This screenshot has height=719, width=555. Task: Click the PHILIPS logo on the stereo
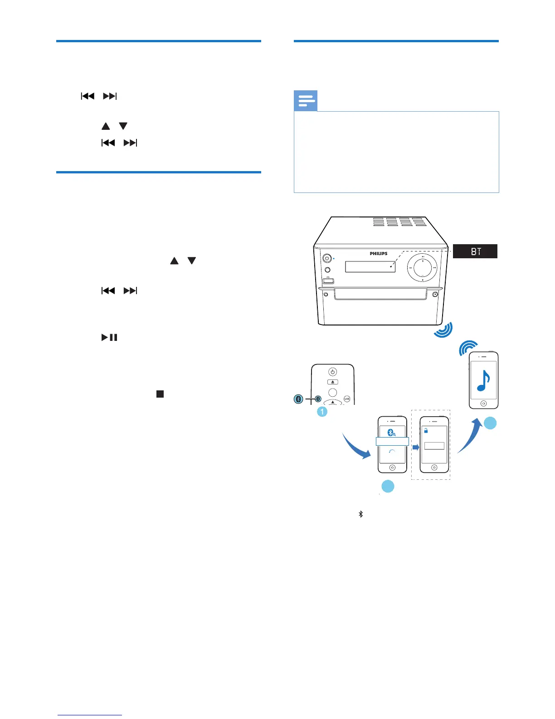(378, 254)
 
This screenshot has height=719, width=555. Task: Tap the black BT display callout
(475, 251)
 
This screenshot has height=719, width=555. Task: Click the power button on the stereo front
(326, 258)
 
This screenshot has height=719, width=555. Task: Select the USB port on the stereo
(328, 281)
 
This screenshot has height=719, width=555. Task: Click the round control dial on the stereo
(422, 268)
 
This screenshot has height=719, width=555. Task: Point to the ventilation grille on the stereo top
(399, 222)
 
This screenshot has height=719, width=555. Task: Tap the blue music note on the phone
(484, 380)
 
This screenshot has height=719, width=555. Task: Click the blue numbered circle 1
(322, 412)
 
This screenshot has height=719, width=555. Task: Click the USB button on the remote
(347, 399)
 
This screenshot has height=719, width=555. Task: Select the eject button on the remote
(332, 382)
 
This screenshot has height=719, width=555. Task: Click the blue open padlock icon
(426, 430)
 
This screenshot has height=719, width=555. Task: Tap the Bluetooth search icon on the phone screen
(392, 432)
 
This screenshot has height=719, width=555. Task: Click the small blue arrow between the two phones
(415, 448)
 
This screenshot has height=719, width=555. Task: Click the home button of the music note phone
(483, 403)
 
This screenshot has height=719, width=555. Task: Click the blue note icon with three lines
(306, 101)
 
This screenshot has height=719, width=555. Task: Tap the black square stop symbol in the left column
(160, 394)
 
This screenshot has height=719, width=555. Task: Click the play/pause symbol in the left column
(109, 337)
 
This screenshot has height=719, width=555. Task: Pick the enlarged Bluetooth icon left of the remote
(298, 399)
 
